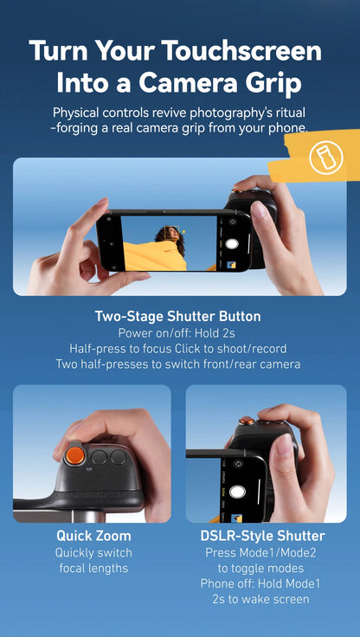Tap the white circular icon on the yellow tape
tap(325, 155)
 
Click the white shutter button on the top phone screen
tap(232, 244)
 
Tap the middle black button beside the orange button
tap(100, 458)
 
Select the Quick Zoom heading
tap(93, 536)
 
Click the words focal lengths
tap(93, 569)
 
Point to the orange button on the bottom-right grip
tap(247, 421)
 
